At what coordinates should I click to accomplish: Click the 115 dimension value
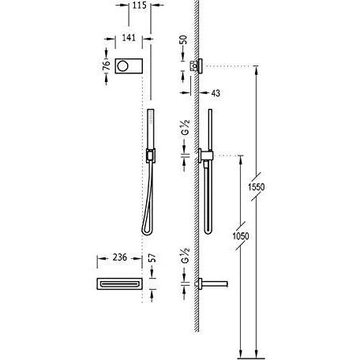click(x=139, y=5)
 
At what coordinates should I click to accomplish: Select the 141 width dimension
click(x=129, y=38)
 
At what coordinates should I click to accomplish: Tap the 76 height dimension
click(x=106, y=66)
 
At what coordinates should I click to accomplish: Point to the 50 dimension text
click(x=184, y=39)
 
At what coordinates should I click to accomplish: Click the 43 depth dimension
click(x=216, y=93)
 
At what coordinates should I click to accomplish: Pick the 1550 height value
click(x=256, y=187)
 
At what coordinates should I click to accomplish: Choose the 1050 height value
click(x=241, y=236)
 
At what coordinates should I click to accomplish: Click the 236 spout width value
click(x=120, y=257)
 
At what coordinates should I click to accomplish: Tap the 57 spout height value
click(x=152, y=258)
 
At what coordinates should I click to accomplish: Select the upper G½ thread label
click(x=186, y=127)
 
